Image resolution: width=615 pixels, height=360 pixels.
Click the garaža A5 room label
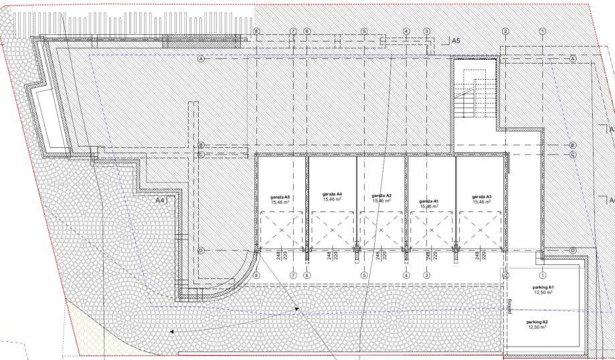pyautogui.click(x=280, y=197)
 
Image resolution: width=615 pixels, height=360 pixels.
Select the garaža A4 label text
pyautogui.click(x=333, y=194)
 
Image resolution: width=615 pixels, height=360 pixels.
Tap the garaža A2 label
pyautogui.click(x=381, y=196)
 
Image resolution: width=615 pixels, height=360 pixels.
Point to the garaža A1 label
pyautogui.click(x=428, y=201)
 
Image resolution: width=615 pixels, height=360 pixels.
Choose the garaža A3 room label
pyautogui.click(x=482, y=197)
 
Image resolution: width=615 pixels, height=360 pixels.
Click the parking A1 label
pyautogui.click(x=544, y=287)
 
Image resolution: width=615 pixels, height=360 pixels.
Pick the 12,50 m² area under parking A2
pyautogui.click(x=537, y=327)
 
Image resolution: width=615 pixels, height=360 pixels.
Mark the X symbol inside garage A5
pyautogui.click(x=280, y=230)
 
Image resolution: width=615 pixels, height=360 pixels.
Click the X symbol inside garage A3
pyautogui.click(x=480, y=230)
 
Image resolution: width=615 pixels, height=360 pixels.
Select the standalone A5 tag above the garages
pyautogui.click(x=455, y=41)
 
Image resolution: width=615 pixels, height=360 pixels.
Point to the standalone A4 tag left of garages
pyautogui.click(x=160, y=200)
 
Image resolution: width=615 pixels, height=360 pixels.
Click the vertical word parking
pyautogui.click(x=509, y=306)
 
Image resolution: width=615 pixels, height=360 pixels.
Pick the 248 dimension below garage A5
pyautogui.click(x=278, y=255)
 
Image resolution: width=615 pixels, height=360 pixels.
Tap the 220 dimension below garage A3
pyautogui.click(x=484, y=255)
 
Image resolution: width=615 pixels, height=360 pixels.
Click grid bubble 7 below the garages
pyautogui.click(x=293, y=274)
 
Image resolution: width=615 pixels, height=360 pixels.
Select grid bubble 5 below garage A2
pyautogui.click(x=364, y=274)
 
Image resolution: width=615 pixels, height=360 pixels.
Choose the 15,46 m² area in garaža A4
pyautogui.click(x=333, y=199)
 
